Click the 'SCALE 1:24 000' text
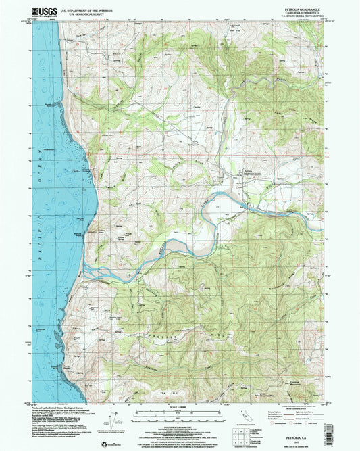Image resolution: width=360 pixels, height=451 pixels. tap(180, 406)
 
